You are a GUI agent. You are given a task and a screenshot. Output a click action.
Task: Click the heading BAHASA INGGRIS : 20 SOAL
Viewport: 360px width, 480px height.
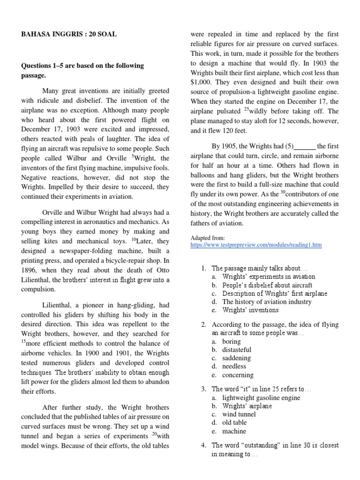[x=69, y=34]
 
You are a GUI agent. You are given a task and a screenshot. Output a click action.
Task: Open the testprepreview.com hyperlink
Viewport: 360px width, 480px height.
[x=256, y=245]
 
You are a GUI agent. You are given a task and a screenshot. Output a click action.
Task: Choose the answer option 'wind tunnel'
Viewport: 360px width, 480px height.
[x=239, y=414]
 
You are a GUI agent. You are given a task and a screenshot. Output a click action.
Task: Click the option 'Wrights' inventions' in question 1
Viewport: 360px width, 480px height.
[x=250, y=310]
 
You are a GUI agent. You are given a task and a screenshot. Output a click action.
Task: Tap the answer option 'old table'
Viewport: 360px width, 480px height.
[x=234, y=423]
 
